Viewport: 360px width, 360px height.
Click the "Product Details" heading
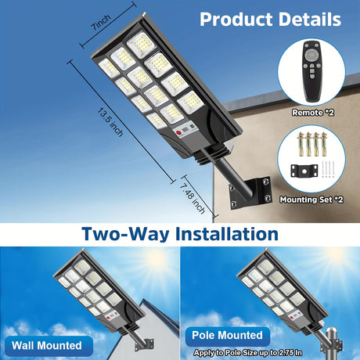(x=270, y=20)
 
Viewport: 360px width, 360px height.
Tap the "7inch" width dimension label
(x=101, y=23)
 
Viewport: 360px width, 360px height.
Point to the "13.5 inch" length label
(x=110, y=122)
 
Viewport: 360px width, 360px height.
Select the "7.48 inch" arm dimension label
(x=193, y=198)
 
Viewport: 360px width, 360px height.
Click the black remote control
(x=311, y=71)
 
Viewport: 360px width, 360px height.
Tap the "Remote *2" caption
(x=313, y=113)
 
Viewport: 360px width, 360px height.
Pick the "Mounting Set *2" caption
(x=311, y=200)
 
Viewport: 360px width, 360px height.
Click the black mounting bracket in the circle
(x=304, y=171)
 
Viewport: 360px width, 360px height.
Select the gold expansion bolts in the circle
(x=311, y=144)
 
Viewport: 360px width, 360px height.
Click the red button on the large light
(x=178, y=133)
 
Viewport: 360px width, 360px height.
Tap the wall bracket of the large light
(x=250, y=193)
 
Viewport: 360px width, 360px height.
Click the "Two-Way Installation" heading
(x=180, y=234)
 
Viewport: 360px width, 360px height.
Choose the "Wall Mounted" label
(x=47, y=345)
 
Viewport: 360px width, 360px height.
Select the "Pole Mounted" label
(x=227, y=335)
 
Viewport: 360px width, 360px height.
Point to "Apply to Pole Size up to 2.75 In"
(x=248, y=353)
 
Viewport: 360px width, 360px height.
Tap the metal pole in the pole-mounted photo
(x=332, y=344)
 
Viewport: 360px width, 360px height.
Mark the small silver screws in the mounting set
(x=328, y=169)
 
